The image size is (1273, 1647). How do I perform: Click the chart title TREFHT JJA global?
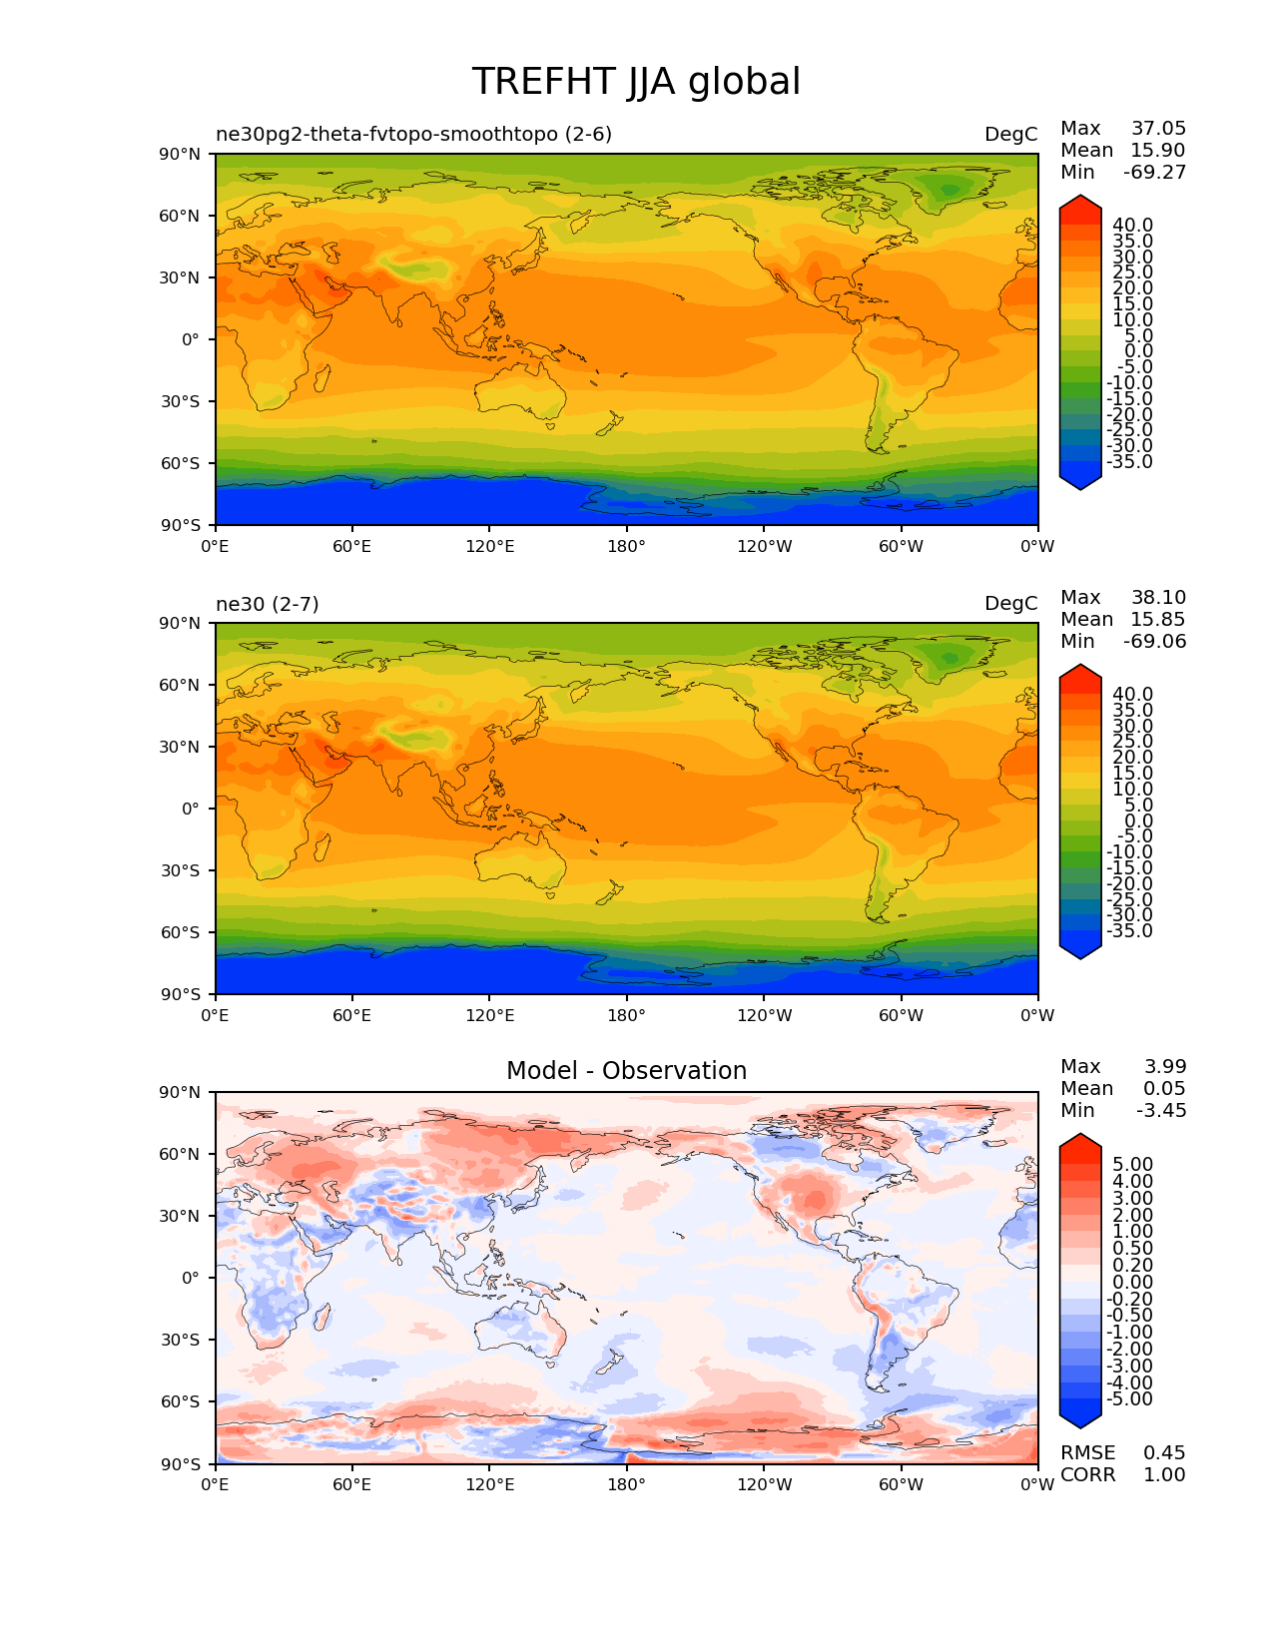click(x=636, y=82)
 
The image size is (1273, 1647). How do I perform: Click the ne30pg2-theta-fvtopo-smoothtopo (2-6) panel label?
click(x=413, y=134)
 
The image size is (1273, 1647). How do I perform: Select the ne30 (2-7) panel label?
click(x=268, y=603)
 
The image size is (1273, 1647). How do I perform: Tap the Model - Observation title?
click(x=626, y=1071)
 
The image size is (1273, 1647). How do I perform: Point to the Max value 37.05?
click(x=1158, y=128)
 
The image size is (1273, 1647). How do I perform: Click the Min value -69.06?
click(x=1154, y=641)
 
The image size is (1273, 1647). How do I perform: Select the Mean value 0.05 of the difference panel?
click(x=1164, y=1088)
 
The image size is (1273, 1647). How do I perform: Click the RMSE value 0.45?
click(x=1164, y=1452)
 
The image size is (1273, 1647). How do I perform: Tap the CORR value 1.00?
click(x=1164, y=1474)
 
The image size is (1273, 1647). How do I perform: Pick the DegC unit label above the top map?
click(x=1010, y=134)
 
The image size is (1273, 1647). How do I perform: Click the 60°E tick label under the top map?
click(x=352, y=546)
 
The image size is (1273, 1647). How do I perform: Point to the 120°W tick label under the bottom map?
click(x=764, y=1484)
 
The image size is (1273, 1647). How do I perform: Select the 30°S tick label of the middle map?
click(x=182, y=870)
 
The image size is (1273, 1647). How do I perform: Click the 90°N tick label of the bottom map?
click(x=182, y=1092)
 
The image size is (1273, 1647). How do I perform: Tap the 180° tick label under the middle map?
click(x=626, y=1015)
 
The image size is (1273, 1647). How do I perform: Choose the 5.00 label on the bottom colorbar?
click(x=1132, y=1164)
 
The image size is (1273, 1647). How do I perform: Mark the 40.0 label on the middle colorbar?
click(x=1132, y=694)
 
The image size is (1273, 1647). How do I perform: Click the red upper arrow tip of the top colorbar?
click(x=1080, y=204)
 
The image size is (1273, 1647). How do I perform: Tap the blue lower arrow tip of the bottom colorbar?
click(x=1080, y=1420)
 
